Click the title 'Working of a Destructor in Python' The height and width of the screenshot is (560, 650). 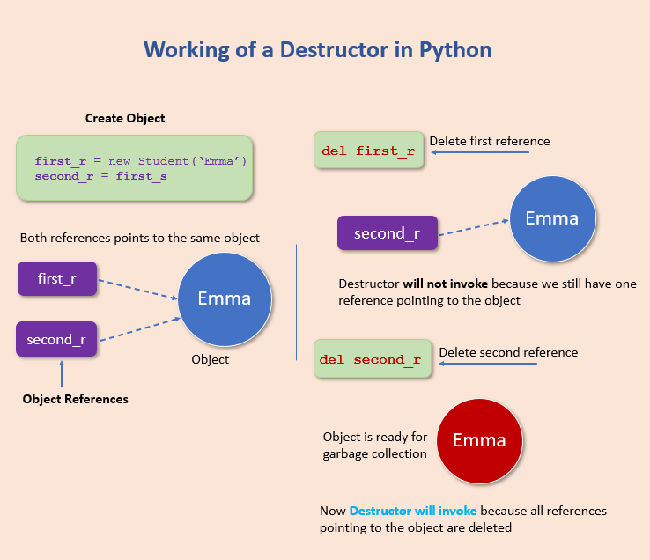317,49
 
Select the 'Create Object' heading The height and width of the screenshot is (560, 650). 125,118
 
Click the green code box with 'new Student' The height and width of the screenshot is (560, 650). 135,168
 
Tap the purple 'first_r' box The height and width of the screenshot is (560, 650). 57,278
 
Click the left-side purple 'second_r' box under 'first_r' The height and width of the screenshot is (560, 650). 56,339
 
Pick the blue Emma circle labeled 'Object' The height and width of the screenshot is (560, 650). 225,299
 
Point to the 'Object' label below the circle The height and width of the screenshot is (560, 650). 210,359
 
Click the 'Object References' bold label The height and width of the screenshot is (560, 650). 75,399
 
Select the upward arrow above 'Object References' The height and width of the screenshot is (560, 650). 61,374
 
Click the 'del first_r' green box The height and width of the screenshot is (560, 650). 368,151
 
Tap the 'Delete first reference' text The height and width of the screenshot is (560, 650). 489,141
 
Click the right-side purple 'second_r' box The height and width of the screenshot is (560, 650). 387,233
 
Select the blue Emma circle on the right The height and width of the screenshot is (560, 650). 552,219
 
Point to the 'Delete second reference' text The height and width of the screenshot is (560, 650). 508,352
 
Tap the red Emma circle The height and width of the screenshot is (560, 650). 479,440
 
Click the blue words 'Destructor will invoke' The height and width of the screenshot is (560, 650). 413,511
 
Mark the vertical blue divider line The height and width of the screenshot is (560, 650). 297,302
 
